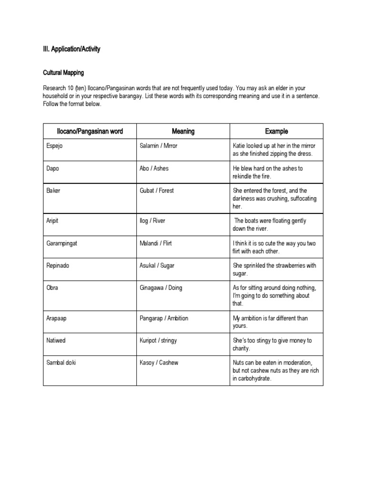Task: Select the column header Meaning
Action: (x=183, y=131)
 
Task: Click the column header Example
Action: (x=276, y=131)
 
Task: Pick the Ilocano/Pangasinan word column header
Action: (x=90, y=131)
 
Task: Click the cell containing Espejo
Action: (x=54, y=146)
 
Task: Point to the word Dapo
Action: (x=52, y=168)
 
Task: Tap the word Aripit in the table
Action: (x=53, y=221)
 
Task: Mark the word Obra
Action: (x=52, y=288)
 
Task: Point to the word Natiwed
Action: (x=56, y=340)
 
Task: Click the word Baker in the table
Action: (x=53, y=191)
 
